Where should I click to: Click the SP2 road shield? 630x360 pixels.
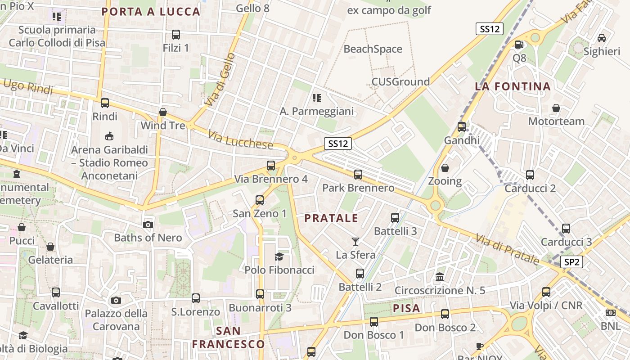[x=571, y=262]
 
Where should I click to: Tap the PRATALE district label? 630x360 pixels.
[x=331, y=218]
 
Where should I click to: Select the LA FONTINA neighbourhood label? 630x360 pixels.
[x=513, y=86]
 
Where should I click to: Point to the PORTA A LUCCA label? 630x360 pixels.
[x=151, y=12]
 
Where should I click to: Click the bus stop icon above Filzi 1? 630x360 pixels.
[x=176, y=34]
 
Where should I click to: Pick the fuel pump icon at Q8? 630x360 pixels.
[x=519, y=44]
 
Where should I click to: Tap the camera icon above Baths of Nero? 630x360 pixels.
[x=148, y=225]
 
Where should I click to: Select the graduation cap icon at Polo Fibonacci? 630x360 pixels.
[x=279, y=256]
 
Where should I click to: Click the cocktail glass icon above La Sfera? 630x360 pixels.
[x=355, y=242]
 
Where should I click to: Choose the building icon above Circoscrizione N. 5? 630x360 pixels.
[x=440, y=277]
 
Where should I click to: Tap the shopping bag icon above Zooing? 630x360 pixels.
[x=445, y=168]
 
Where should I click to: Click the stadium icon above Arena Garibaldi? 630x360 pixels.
[x=109, y=136]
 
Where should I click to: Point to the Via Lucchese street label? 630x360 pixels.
[x=241, y=139]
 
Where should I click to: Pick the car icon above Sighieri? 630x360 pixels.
[x=601, y=38]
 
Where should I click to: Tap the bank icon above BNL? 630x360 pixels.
[x=610, y=312]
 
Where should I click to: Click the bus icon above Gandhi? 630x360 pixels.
[x=462, y=127]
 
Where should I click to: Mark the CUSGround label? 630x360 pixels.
[x=400, y=81]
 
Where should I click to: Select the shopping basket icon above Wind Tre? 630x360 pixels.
[x=163, y=112]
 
